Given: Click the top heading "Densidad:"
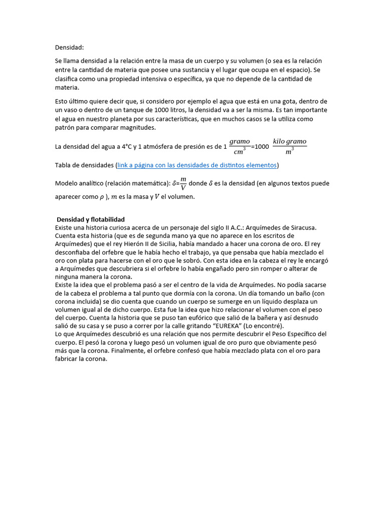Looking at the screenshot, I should (69, 48).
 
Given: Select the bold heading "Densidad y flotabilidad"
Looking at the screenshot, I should (91, 219).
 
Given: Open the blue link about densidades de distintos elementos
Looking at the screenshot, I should (197, 165).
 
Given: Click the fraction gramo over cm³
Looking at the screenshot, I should (240, 147).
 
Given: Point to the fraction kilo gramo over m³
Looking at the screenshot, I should (289, 147).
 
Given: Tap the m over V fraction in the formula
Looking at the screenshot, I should (183, 183).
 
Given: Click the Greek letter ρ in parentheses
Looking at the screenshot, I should (102, 197).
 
